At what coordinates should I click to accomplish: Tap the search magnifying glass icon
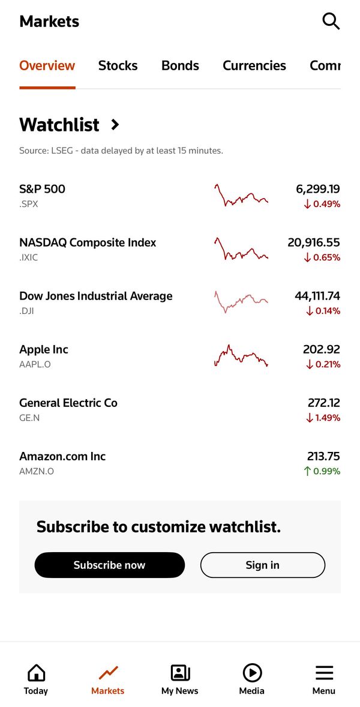(x=331, y=21)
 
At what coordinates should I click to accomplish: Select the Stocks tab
(x=118, y=66)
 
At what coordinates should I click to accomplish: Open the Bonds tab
(x=180, y=66)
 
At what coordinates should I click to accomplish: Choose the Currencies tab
(x=254, y=66)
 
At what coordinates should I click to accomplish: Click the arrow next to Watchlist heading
(x=115, y=124)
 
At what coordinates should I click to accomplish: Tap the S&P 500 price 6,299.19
(x=317, y=189)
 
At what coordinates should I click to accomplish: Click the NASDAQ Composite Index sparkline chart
(x=241, y=249)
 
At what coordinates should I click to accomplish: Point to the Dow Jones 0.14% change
(x=323, y=311)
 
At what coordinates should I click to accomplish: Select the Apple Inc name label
(x=44, y=349)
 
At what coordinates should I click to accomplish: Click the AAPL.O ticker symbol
(x=35, y=364)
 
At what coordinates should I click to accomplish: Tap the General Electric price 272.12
(x=324, y=403)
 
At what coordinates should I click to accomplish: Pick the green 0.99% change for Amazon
(x=322, y=471)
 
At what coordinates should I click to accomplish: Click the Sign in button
(x=263, y=565)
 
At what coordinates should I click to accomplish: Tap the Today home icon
(x=36, y=673)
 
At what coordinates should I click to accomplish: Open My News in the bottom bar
(x=180, y=679)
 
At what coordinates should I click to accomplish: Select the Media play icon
(x=252, y=673)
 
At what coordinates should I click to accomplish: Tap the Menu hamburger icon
(x=324, y=673)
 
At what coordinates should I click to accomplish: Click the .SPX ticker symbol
(x=29, y=204)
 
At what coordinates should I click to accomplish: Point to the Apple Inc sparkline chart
(x=241, y=356)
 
